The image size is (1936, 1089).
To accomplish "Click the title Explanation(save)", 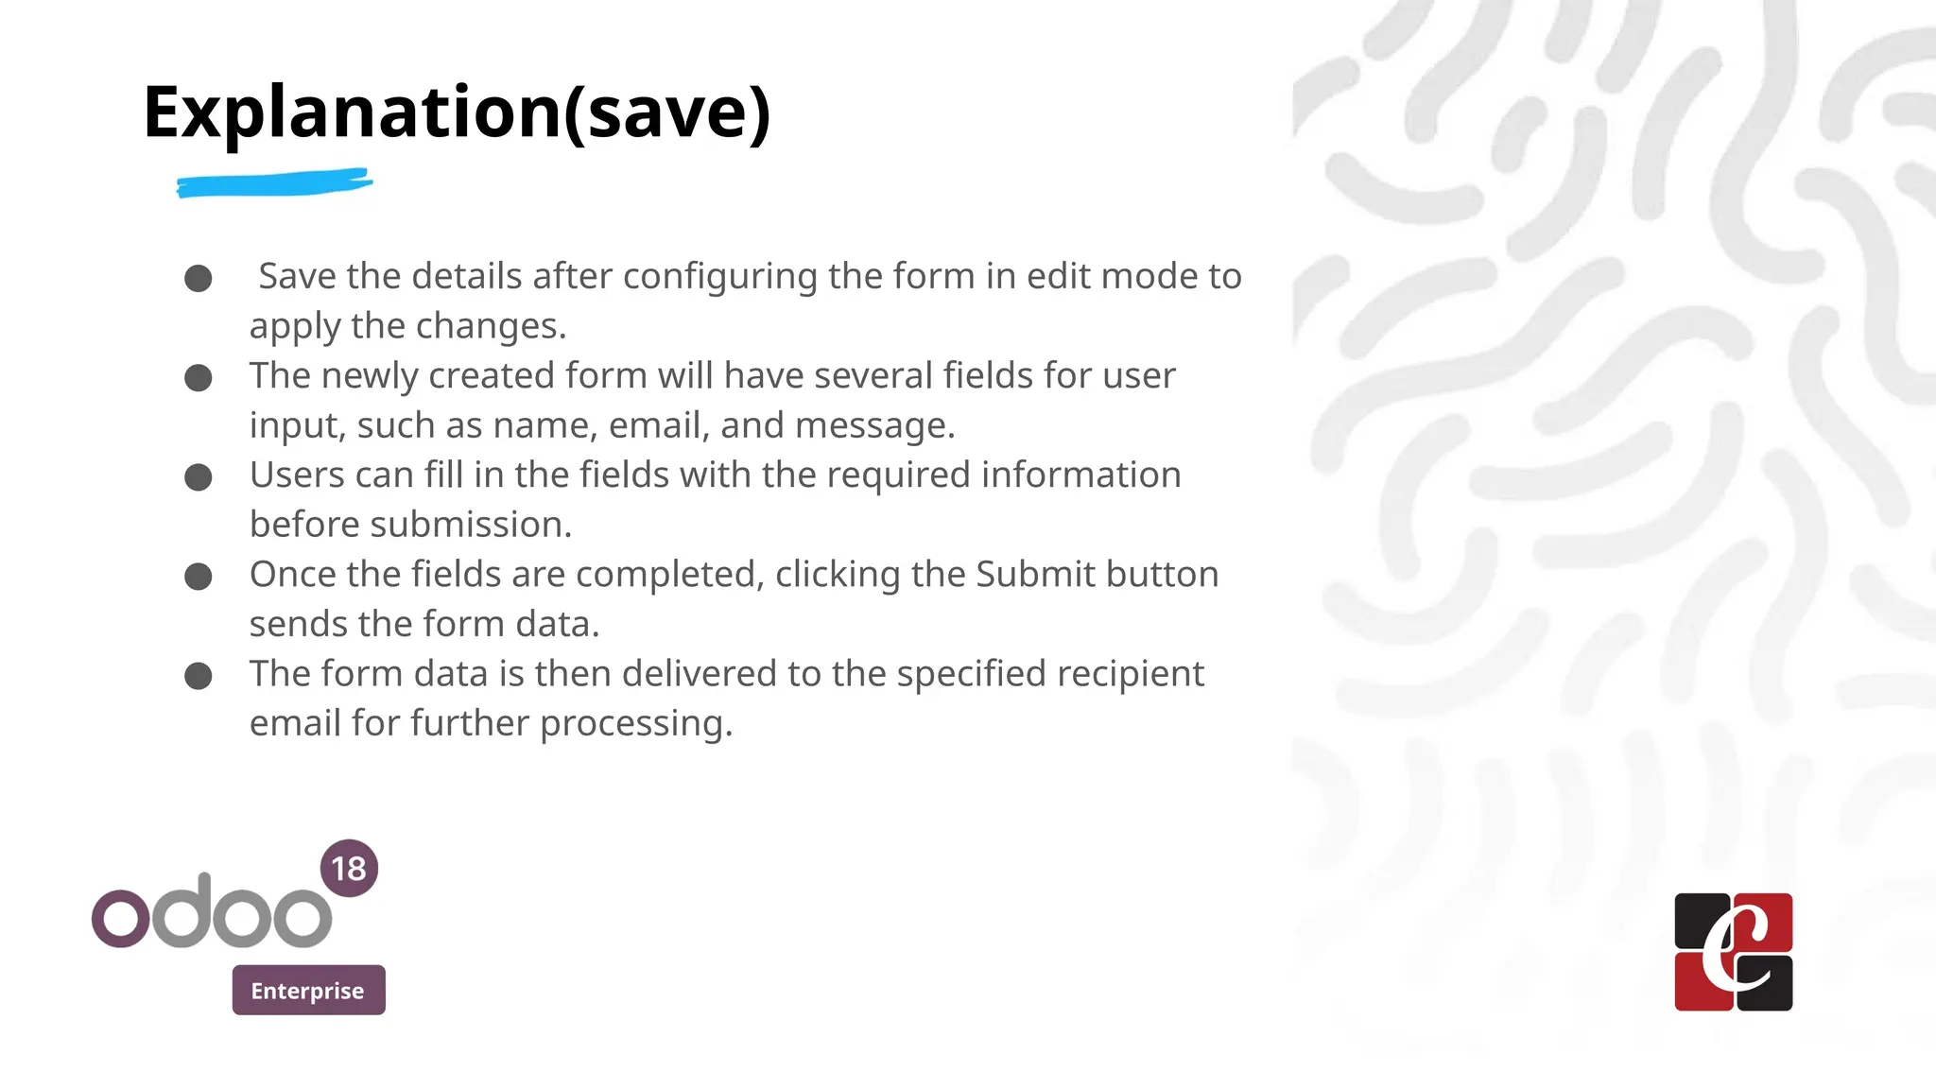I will (x=457, y=112).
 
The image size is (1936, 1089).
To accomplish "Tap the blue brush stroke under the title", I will (x=274, y=182).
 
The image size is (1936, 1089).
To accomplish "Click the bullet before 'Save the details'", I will (x=199, y=279).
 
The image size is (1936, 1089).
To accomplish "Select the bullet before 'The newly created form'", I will (x=199, y=378).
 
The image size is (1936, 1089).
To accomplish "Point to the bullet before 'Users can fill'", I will (x=199, y=477).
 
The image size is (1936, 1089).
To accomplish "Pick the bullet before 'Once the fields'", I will (x=199, y=577).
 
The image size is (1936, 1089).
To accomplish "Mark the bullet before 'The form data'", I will (x=199, y=676).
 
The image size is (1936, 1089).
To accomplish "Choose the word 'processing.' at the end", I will (x=636, y=724).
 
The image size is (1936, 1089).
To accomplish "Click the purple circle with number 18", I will (x=349, y=868).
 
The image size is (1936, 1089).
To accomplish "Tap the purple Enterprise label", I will (x=308, y=990).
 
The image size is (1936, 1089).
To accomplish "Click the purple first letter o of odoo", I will (x=120, y=917).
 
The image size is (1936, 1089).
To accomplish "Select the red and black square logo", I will (x=1733, y=952).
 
